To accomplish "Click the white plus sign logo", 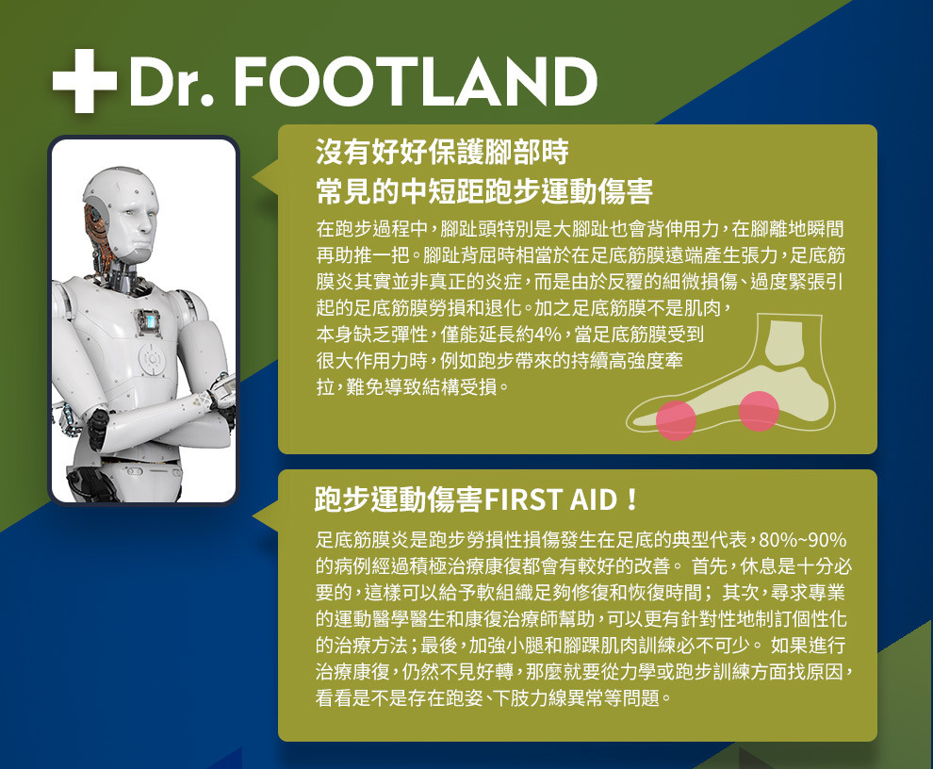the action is click(x=84, y=81).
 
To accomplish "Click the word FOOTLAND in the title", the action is click(x=416, y=82).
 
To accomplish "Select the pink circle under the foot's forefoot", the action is click(x=676, y=420).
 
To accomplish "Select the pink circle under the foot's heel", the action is click(x=760, y=410).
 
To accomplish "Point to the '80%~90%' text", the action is click(x=803, y=540).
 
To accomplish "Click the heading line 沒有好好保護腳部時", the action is click(x=442, y=152).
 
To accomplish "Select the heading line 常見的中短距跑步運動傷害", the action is click(x=484, y=190).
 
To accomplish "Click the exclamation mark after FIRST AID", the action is click(x=631, y=499).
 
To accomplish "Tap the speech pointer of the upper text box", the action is click(x=267, y=176).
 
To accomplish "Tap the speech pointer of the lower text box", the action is click(x=267, y=517).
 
